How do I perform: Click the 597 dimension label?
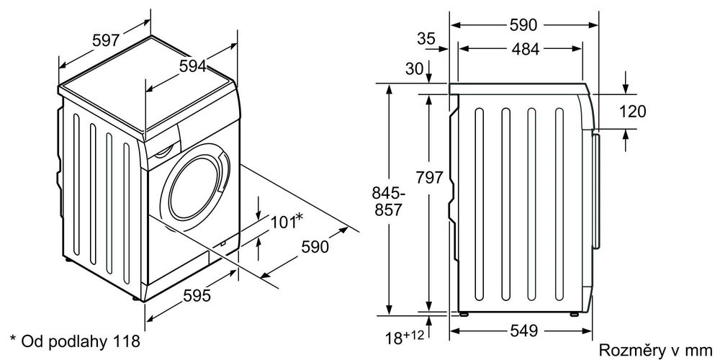pyautogui.click(x=106, y=40)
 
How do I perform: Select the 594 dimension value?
pyautogui.click(x=192, y=66)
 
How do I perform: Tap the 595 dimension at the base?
pyautogui.click(x=197, y=296)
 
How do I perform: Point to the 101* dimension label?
pyautogui.click(x=287, y=221)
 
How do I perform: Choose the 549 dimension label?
pyautogui.click(x=523, y=330)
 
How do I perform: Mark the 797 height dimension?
pyautogui.click(x=429, y=177)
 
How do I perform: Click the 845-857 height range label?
pyautogui.click(x=387, y=202)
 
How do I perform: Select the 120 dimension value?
pyautogui.click(x=632, y=111)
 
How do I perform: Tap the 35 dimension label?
pyautogui.click(x=426, y=39)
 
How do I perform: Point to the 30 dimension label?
pyautogui.click(x=415, y=69)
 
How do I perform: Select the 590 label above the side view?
pyautogui.click(x=523, y=25)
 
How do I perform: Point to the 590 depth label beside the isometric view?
pyautogui.click(x=315, y=246)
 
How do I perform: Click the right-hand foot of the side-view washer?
pyautogui.click(x=574, y=315)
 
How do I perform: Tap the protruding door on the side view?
pyautogui.click(x=596, y=191)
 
